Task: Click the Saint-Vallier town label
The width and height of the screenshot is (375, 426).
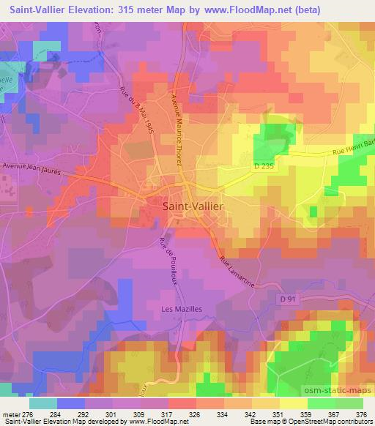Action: [191, 207]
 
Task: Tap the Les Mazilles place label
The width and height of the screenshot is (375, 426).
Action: [181, 309]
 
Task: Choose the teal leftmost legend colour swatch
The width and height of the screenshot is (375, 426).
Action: [43, 403]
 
